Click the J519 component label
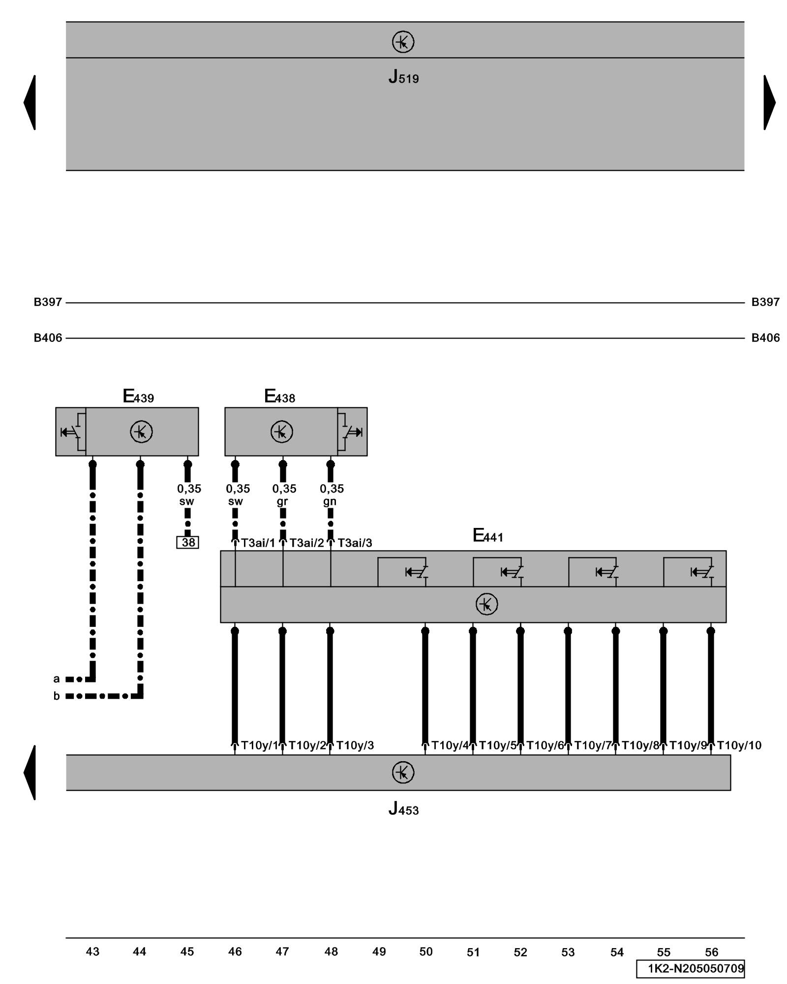click(x=403, y=77)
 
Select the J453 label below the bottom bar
click(x=403, y=808)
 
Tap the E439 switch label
click(x=138, y=397)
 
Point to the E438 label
click(x=280, y=397)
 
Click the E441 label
click(x=488, y=536)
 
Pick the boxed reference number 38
click(x=188, y=542)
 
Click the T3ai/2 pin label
click(x=306, y=543)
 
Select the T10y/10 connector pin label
click(x=739, y=745)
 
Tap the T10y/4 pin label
click(x=450, y=745)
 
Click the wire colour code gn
click(x=330, y=501)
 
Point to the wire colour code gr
click(x=282, y=501)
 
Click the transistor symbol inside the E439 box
click(x=141, y=432)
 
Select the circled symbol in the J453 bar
click(x=403, y=772)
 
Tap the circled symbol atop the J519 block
click(x=403, y=42)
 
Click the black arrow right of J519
click(x=769, y=102)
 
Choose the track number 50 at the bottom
click(x=426, y=952)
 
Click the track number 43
click(x=92, y=952)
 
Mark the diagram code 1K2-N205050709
click(x=696, y=969)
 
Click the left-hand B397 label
click(x=48, y=302)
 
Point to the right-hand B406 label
click(x=765, y=338)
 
